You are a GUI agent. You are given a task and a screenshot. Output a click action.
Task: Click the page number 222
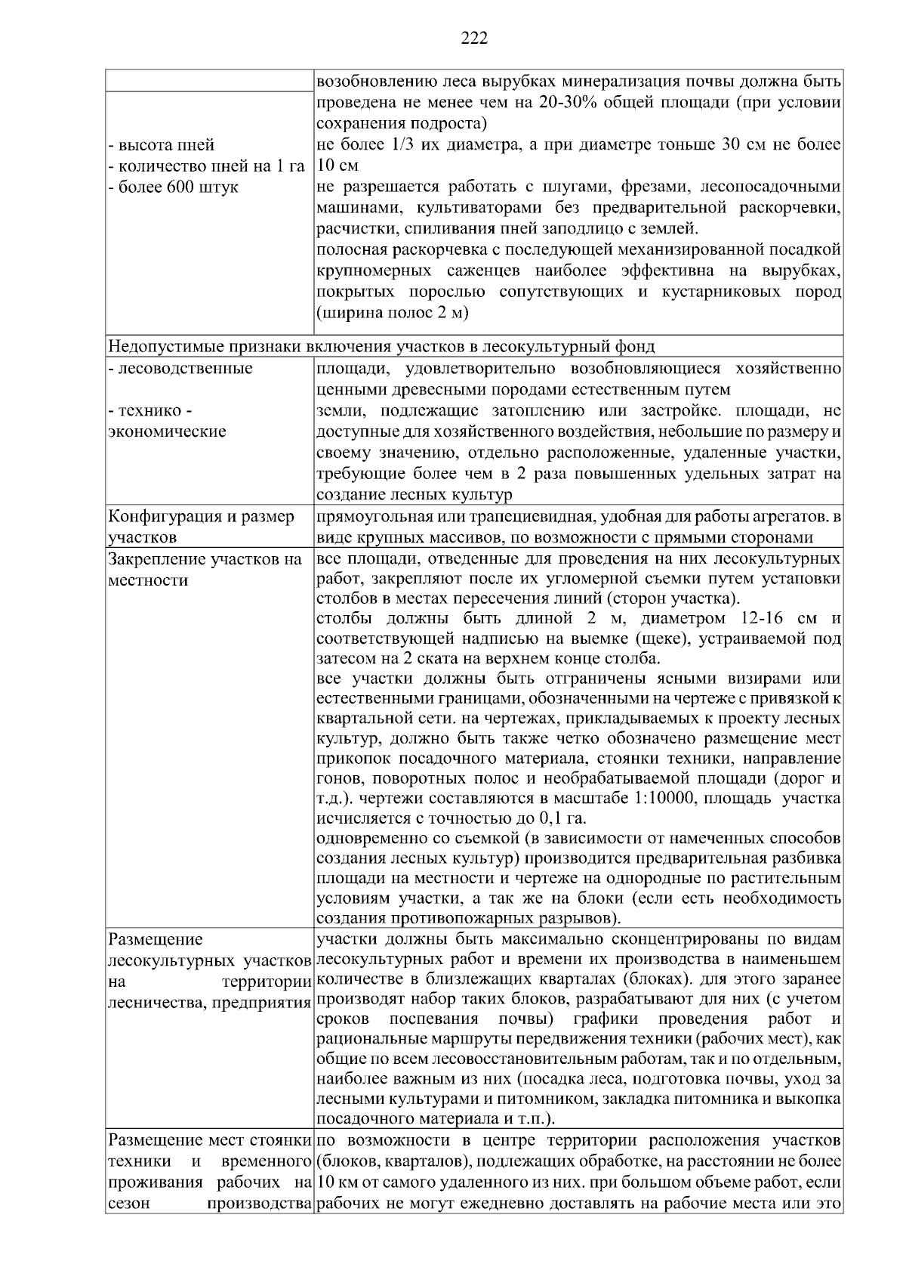(x=474, y=39)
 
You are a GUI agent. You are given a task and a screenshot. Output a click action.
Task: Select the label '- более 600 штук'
(x=174, y=187)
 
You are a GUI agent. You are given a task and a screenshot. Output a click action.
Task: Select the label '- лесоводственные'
(x=180, y=369)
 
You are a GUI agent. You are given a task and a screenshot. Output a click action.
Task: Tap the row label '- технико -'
(x=150, y=411)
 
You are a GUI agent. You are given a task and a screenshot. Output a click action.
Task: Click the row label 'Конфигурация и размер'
(x=202, y=517)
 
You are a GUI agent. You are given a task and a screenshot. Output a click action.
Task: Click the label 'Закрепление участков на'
(x=205, y=560)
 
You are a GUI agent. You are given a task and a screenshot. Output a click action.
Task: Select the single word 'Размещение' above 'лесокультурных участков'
(x=156, y=940)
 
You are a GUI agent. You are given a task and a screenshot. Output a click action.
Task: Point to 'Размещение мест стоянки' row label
(x=210, y=1139)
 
